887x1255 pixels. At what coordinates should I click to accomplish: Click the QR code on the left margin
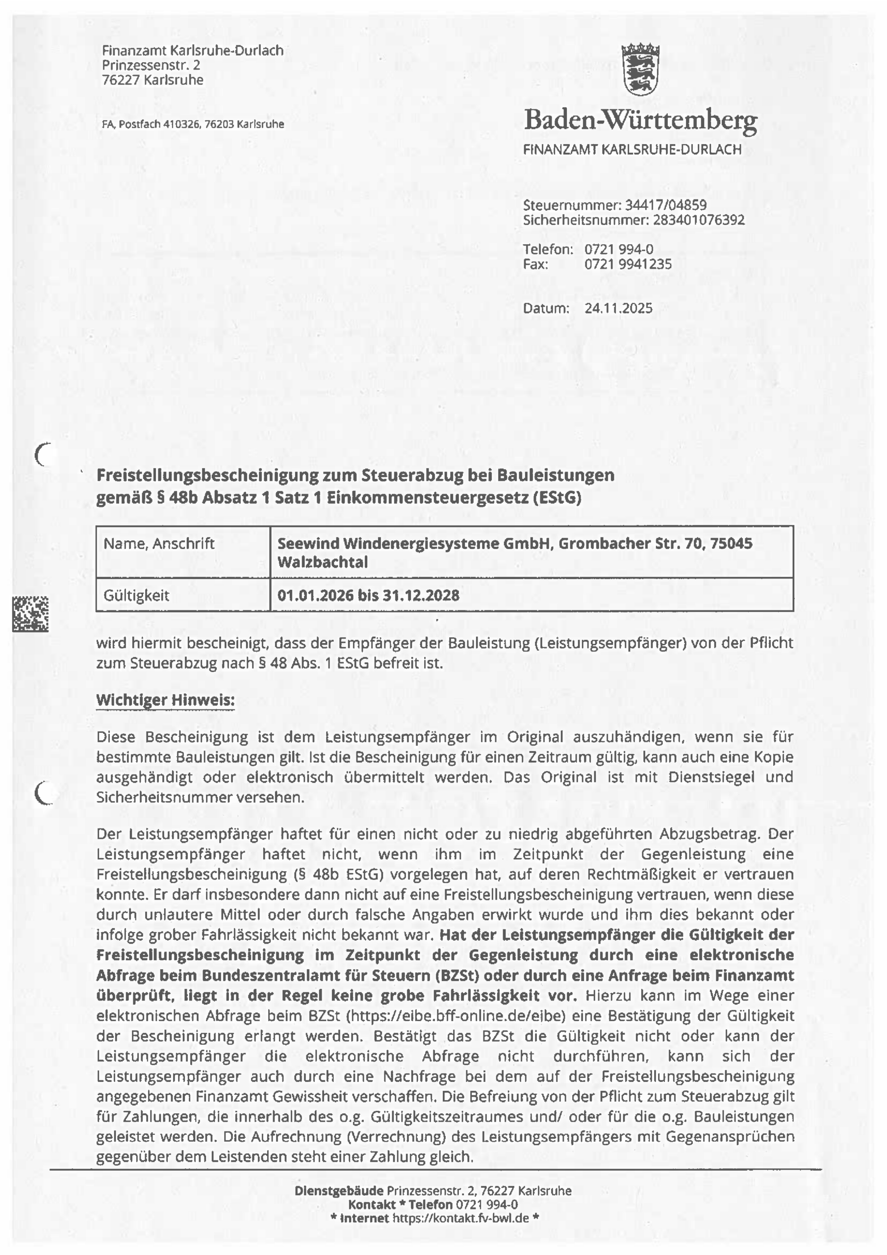(x=30, y=614)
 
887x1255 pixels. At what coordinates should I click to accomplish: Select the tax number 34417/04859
(x=665, y=205)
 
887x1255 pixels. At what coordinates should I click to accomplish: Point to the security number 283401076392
(x=698, y=220)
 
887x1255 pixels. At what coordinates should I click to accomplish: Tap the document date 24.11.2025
(x=618, y=308)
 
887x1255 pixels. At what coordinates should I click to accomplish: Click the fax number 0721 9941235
(x=627, y=264)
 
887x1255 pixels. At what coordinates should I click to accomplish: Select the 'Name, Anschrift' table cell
(x=159, y=544)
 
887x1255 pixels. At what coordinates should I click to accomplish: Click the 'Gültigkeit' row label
(x=136, y=595)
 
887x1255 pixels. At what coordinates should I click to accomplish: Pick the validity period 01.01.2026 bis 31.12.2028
(x=368, y=595)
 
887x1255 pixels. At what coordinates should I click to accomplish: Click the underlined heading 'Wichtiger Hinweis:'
(x=165, y=700)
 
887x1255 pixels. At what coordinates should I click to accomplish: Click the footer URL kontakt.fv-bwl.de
(x=460, y=1218)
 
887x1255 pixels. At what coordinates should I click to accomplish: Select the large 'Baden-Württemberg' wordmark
(x=640, y=120)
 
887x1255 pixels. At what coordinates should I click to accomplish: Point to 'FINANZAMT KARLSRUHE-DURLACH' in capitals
(x=632, y=149)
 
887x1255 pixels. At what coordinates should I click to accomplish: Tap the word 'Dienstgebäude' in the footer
(x=338, y=1190)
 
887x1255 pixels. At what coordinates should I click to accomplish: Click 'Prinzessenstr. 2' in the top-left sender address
(x=151, y=65)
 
